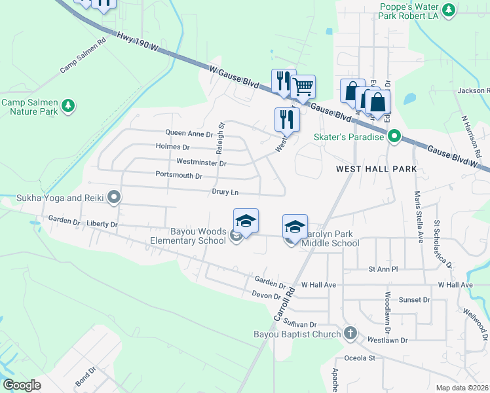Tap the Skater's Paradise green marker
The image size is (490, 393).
click(x=394, y=137)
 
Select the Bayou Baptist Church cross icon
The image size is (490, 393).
click(x=350, y=333)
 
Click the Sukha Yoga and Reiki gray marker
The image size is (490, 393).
click(x=114, y=196)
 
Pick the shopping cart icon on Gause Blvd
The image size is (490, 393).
click(x=303, y=86)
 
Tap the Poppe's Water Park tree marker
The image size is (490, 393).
click(x=449, y=10)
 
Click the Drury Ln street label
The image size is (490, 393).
click(x=225, y=193)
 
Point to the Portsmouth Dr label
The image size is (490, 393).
click(x=179, y=176)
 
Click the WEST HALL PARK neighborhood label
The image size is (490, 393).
click(x=376, y=169)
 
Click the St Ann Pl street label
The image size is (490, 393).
click(x=383, y=269)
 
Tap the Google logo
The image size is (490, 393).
click(x=22, y=385)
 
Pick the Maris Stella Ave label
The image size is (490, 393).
click(x=417, y=216)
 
